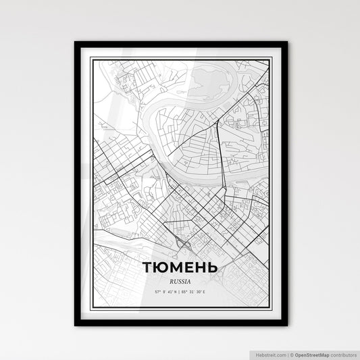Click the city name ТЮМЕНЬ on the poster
tap(180, 267)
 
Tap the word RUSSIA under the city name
tap(180, 281)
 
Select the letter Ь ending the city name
tap(213, 267)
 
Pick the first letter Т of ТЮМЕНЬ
tap(148, 267)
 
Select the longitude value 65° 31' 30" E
tap(197, 292)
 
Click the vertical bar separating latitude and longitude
tap(180, 292)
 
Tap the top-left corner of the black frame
tap(75, 43)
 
